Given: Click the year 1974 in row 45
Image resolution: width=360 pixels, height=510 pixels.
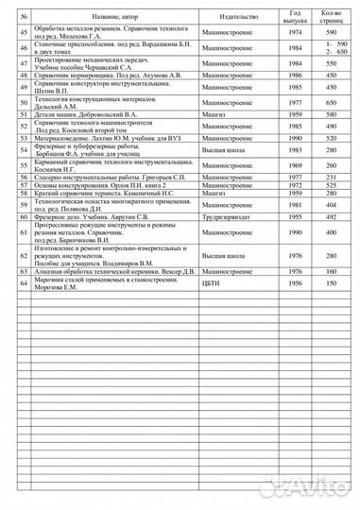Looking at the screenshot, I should coord(295,34).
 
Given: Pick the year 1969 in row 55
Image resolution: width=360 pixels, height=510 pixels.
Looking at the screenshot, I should coord(295,164).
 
